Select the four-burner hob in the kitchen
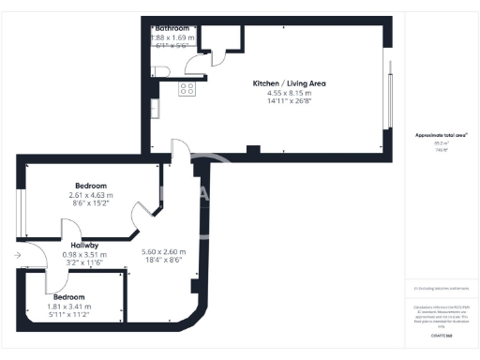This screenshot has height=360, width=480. (187, 89)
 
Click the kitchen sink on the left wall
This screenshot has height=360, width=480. (157, 108)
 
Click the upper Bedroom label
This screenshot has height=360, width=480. (91, 186)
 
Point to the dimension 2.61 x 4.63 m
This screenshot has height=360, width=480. (91, 195)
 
